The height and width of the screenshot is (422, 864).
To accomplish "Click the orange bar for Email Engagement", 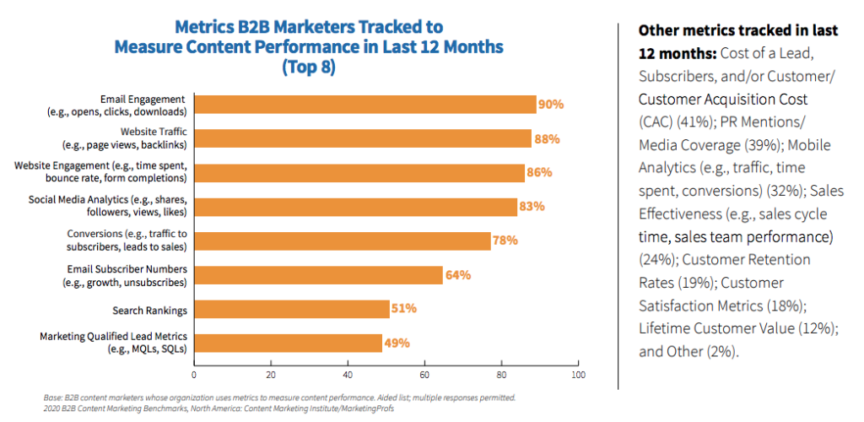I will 364,104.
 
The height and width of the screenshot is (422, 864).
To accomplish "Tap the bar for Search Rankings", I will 291,309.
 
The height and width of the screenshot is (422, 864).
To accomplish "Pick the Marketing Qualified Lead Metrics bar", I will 288,343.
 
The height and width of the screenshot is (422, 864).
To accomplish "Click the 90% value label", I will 552,105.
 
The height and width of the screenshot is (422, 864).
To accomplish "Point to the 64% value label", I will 458,275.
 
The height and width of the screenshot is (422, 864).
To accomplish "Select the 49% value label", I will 397,344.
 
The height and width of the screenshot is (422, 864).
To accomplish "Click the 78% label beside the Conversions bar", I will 505,241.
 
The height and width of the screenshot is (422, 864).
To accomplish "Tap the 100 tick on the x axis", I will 578,374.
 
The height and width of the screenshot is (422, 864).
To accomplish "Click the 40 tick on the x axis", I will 348,374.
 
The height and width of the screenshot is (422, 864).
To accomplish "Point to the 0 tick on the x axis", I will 194,374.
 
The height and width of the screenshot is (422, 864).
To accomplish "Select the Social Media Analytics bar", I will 355,207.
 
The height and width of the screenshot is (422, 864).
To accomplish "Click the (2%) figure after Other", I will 721,352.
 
